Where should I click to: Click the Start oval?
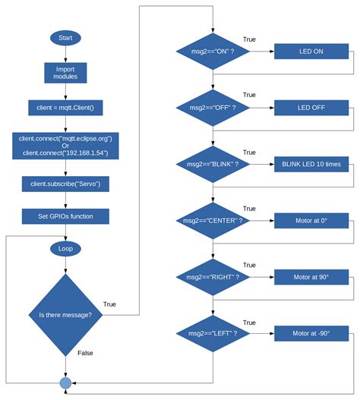(65, 38)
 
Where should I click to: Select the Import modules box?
(65, 73)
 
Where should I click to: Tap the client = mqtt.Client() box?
(65, 108)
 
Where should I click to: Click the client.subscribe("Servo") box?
(65, 184)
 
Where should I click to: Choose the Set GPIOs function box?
(65, 216)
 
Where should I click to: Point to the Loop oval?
(65, 249)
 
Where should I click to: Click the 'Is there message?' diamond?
(65, 315)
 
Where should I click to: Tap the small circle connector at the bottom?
(65, 383)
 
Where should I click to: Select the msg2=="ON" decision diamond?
(213, 52)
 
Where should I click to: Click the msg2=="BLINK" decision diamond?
(213, 164)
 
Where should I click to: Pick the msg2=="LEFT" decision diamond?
(213, 333)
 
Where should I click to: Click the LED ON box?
(311, 52)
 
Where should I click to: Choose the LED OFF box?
(311, 108)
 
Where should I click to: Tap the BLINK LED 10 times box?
(311, 164)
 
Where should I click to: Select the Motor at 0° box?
(311, 221)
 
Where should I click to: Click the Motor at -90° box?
(311, 333)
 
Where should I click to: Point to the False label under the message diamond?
(85, 353)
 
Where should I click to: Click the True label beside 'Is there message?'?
(109, 304)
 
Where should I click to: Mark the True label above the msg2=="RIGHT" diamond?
(249, 266)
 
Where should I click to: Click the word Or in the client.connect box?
(65, 146)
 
